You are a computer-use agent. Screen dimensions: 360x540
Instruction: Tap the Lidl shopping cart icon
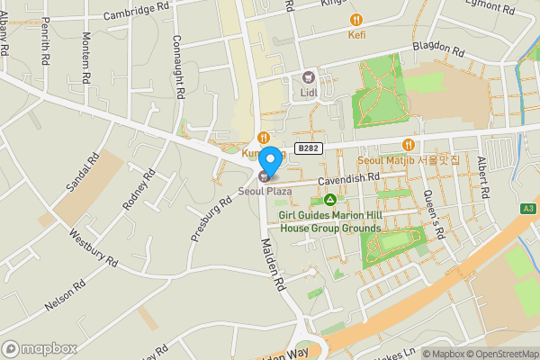(x=309, y=77)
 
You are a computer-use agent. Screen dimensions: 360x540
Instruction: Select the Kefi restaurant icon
(x=356, y=19)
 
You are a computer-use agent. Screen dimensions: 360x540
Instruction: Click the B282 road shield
(x=308, y=148)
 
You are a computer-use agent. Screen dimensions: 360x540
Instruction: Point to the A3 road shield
(x=528, y=208)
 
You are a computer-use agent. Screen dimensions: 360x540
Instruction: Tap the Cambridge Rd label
(x=137, y=11)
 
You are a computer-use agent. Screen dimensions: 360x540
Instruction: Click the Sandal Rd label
(x=80, y=175)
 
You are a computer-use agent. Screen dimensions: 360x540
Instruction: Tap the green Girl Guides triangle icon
(x=331, y=200)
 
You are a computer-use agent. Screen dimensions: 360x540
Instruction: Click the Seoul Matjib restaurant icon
(x=409, y=145)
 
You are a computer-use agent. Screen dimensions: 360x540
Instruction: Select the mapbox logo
(x=40, y=348)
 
